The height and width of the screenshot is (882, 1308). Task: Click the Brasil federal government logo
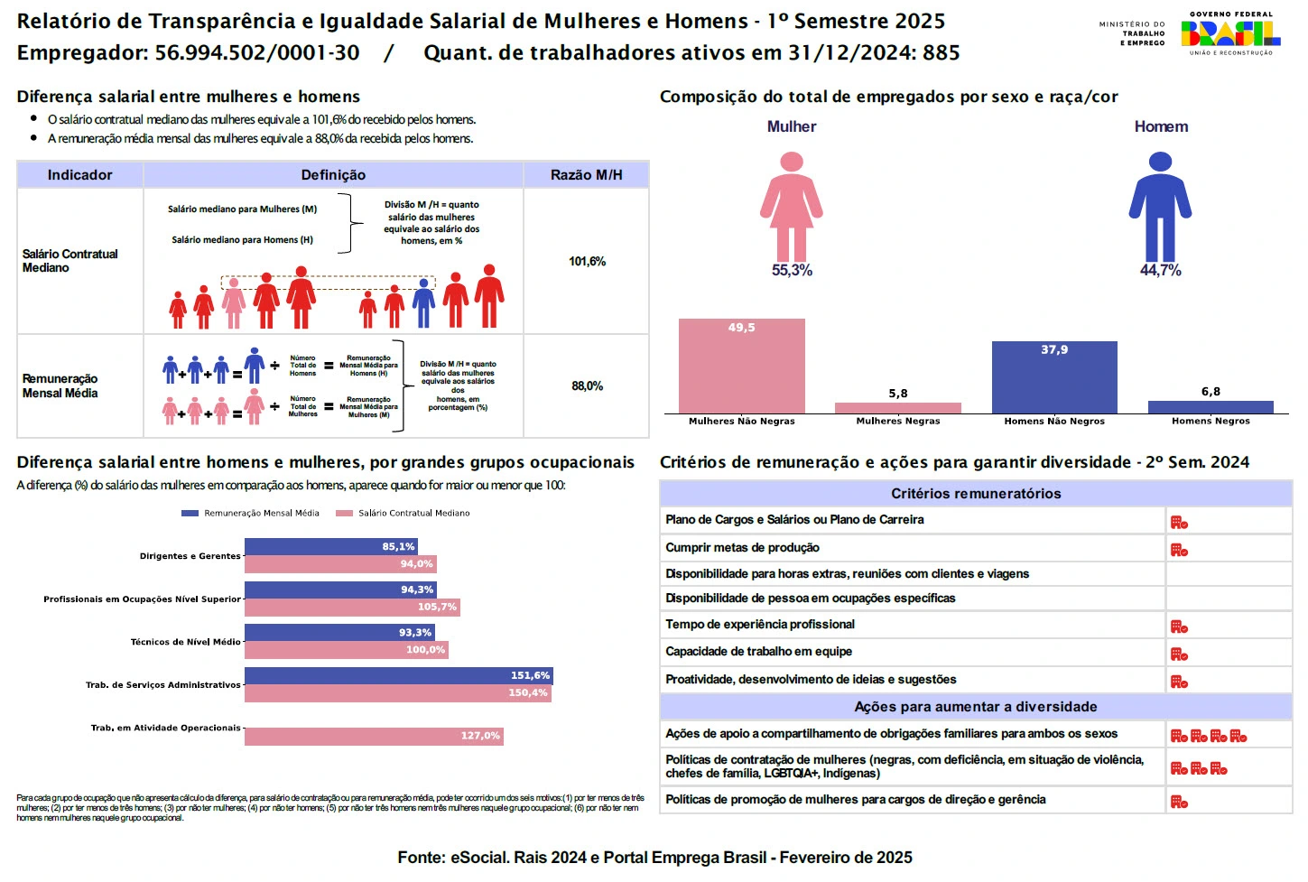click(x=1230, y=34)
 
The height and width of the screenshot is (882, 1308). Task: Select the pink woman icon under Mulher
click(x=792, y=207)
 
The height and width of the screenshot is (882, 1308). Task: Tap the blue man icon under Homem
click(x=1160, y=207)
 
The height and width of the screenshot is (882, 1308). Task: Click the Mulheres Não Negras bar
click(x=741, y=366)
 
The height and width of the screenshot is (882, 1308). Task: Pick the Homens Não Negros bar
click(x=1054, y=377)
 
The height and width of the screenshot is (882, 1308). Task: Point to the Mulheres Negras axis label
click(x=898, y=422)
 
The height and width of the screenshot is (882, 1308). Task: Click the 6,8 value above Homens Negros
click(x=1211, y=392)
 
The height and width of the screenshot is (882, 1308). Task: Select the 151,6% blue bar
click(x=398, y=675)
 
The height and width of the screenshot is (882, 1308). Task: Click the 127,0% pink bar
click(x=374, y=737)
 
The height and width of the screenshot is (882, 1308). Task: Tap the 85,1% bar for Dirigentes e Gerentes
click(x=330, y=547)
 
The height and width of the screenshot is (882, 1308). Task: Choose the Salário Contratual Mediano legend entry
click(x=404, y=514)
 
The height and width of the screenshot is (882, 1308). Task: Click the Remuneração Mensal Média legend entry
click(x=251, y=514)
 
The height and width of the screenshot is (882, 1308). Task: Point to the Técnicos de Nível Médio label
click(x=185, y=642)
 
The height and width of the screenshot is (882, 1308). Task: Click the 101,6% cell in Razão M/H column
click(x=587, y=262)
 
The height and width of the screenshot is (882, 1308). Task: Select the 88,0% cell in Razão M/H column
click(x=587, y=386)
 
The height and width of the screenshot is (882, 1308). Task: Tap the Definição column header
click(x=333, y=175)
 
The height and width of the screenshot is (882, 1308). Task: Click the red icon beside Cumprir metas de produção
click(x=1179, y=550)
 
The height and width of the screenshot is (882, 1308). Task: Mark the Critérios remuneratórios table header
click(x=976, y=494)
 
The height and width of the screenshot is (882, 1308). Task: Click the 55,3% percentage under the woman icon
click(x=792, y=271)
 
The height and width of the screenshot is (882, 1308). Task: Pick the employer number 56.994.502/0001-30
click(x=257, y=53)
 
